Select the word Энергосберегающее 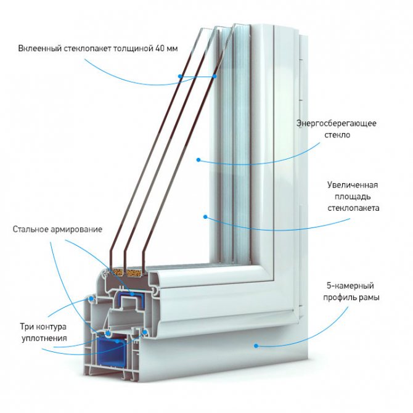pyautogui.click(x=336, y=123)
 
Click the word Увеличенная pyautogui.click(x=352, y=185)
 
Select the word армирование pyautogui.click(x=77, y=230)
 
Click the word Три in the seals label pyautogui.click(x=27, y=326)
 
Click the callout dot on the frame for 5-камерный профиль pyautogui.click(x=255, y=346)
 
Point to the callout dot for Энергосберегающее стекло pyautogui.click(x=198, y=160)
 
